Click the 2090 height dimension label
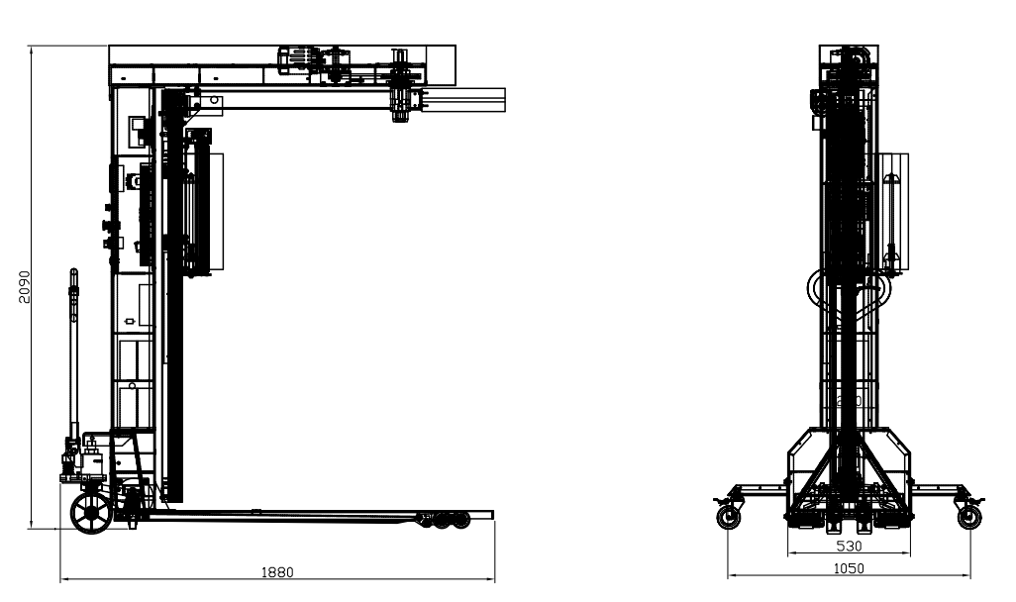pos(24,287)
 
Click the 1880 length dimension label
pos(277,572)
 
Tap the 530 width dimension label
pos(849,547)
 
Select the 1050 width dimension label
pos(849,569)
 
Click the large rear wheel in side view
pos(91,513)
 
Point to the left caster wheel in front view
pos(729,517)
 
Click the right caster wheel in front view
pos(969,517)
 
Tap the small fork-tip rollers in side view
pos(447,520)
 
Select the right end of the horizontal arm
pos(505,100)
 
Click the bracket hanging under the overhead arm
pos(401,104)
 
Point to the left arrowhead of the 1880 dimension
pos(61,578)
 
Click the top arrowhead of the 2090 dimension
pos(31,47)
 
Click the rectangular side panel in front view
pos(893,211)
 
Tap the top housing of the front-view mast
pos(849,64)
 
